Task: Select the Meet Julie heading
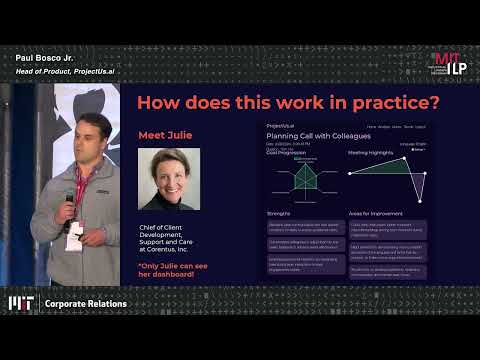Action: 165,135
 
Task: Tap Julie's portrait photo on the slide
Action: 169,179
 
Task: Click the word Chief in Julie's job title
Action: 150,228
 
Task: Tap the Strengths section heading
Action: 279,213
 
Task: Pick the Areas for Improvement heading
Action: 375,214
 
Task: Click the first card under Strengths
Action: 305,226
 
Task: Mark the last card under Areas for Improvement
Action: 387,271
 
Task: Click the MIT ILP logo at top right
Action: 447,63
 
